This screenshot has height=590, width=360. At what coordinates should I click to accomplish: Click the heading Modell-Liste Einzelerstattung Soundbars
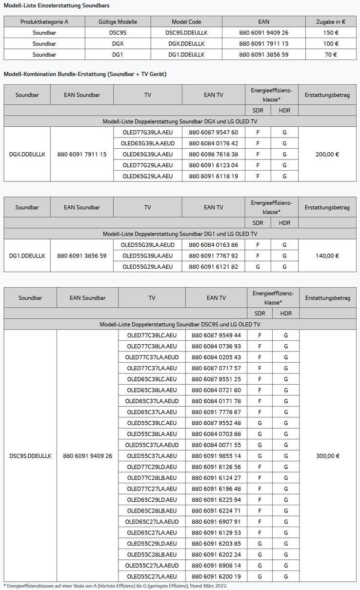(57, 5)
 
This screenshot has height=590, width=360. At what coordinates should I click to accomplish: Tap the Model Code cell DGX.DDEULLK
(186, 43)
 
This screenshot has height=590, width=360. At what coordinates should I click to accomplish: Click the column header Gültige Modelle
(118, 21)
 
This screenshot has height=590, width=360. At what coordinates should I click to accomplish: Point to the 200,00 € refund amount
(327, 154)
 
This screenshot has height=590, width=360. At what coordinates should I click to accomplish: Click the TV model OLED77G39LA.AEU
(147, 132)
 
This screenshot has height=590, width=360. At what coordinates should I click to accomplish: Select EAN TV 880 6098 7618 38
(213, 154)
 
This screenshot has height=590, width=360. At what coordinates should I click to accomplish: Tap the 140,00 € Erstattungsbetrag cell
(327, 256)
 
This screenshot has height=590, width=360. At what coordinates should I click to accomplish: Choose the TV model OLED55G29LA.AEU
(147, 267)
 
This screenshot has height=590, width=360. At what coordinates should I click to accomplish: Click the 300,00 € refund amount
(328, 456)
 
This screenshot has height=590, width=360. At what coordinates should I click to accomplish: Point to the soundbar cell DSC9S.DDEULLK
(30, 456)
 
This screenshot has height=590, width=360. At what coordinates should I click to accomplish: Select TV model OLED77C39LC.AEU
(152, 335)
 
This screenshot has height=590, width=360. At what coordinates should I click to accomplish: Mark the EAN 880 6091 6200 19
(216, 576)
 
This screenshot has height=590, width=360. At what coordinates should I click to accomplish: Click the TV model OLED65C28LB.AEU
(152, 511)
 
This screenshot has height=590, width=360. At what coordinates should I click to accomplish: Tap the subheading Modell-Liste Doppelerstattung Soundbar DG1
(180, 234)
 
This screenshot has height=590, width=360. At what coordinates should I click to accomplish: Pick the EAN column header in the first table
(263, 21)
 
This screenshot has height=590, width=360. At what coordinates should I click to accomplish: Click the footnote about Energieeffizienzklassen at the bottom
(115, 586)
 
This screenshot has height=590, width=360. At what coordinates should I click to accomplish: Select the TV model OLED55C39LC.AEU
(152, 423)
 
